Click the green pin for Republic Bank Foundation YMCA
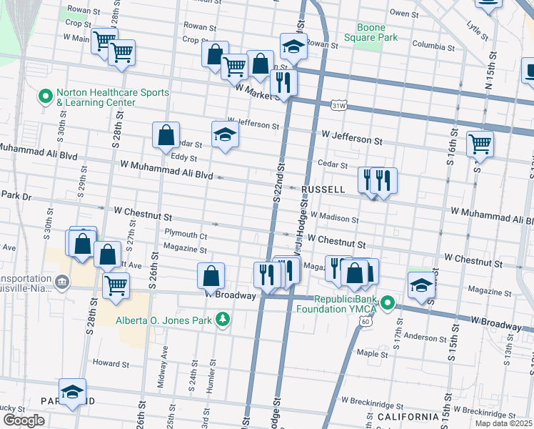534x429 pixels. [388, 304]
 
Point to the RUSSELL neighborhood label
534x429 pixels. [323, 189]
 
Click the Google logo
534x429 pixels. [24, 420]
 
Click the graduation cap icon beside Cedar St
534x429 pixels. [224, 134]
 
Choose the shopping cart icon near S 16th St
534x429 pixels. [480, 143]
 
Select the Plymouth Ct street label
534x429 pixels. [186, 235]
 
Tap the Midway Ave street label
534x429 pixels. [164, 363]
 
